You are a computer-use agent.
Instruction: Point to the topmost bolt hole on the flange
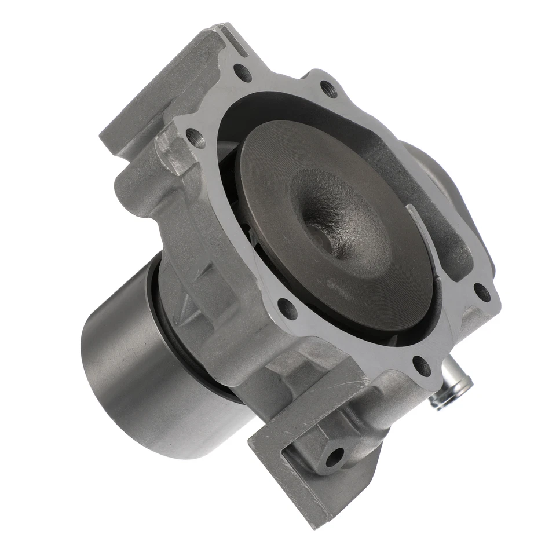pyautogui.click(x=243, y=72)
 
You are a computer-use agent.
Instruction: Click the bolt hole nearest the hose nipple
pyautogui.click(x=421, y=366)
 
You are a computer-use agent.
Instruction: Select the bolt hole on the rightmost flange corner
pyautogui.click(x=481, y=292)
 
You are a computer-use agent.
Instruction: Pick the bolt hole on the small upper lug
pyautogui.click(x=328, y=89)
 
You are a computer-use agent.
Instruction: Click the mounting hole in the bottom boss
pyautogui.click(x=334, y=457)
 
